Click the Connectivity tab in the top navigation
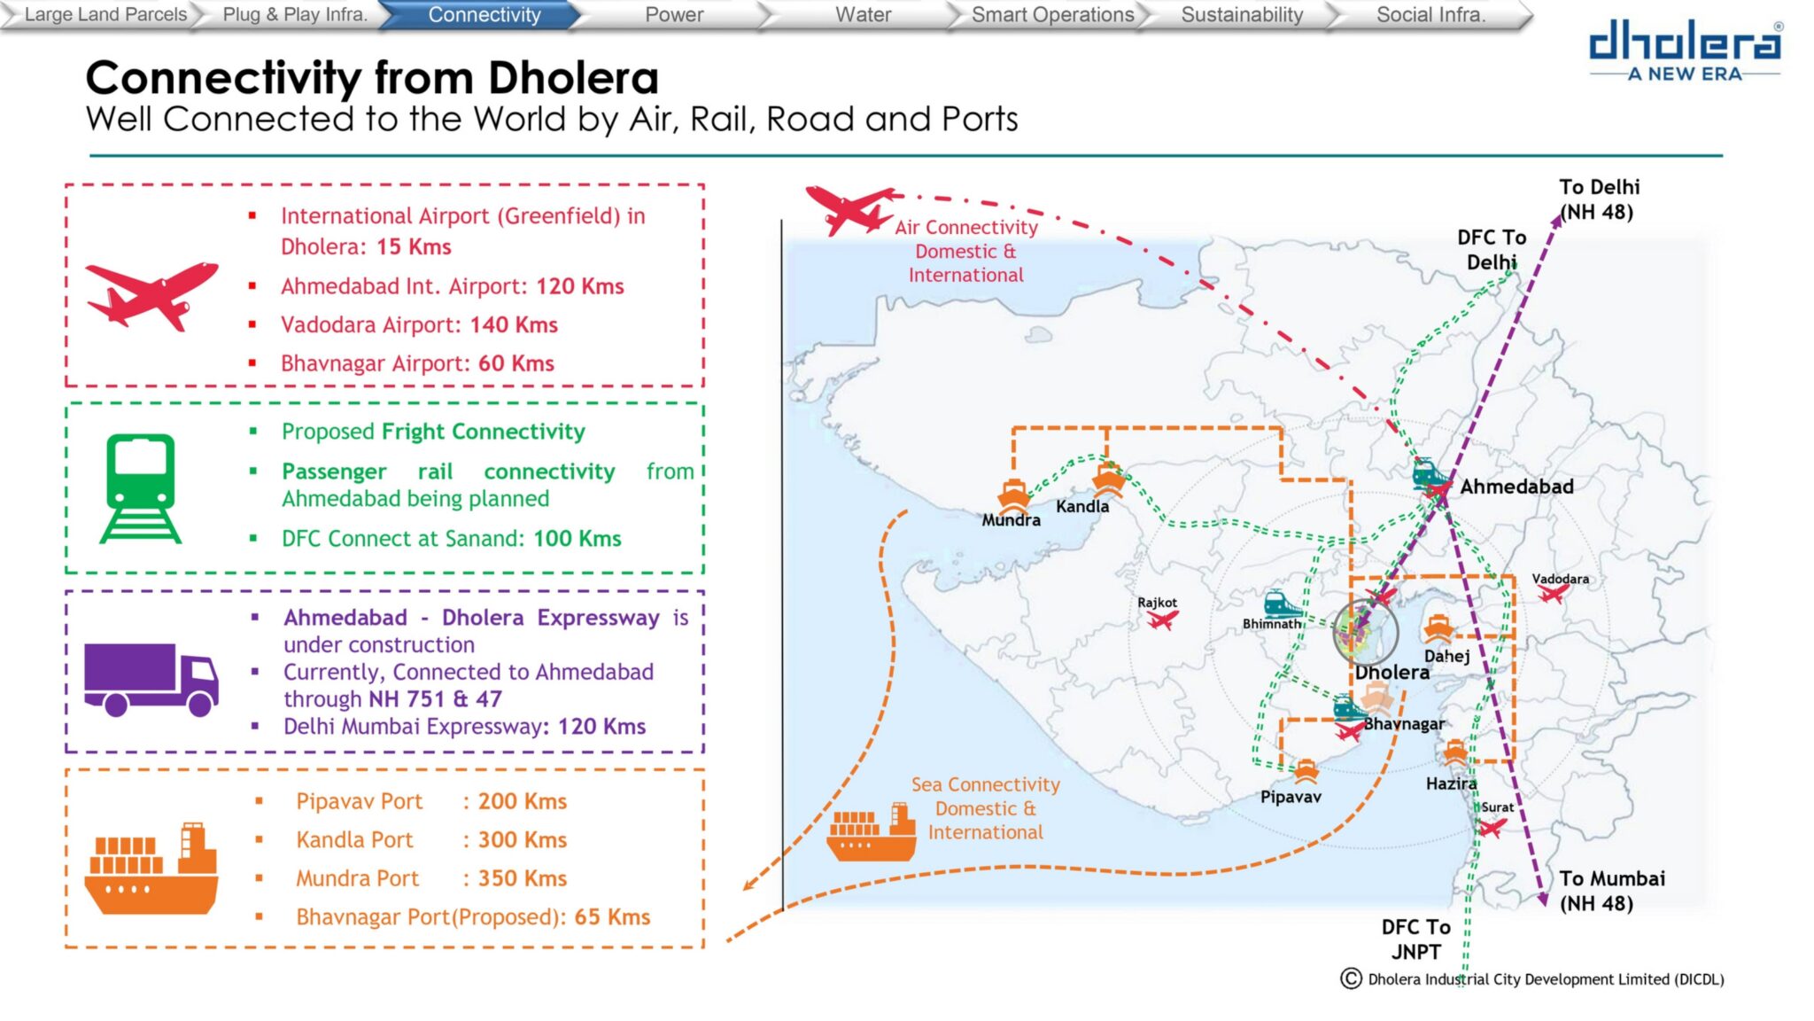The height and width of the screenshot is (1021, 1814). [x=484, y=15]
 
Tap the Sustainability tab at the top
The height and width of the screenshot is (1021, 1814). [x=1242, y=15]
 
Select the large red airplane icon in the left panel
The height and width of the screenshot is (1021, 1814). [x=151, y=295]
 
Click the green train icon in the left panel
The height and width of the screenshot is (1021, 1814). [x=140, y=488]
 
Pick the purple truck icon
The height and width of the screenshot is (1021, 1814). [x=151, y=679]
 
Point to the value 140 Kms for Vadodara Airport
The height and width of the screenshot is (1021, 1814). [x=514, y=325]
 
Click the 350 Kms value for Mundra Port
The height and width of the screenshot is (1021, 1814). [x=523, y=878]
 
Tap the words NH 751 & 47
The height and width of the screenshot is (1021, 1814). [x=435, y=699]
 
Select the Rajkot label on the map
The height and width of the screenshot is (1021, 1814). [x=1157, y=603]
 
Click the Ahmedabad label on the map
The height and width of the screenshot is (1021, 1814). [x=1516, y=487]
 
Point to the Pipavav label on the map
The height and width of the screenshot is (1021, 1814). [x=1291, y=797]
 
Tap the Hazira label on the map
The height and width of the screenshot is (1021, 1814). [x=1451, y=783]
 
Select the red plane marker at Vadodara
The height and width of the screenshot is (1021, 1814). [x=1553, y=593]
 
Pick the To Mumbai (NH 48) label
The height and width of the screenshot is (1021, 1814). [x=1612, y=891]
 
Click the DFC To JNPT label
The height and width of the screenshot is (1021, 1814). [x=1415, y=939]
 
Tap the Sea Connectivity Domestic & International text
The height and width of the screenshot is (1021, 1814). [x=986, y=808]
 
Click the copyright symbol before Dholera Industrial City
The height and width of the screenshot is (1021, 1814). [x=1351, y=978]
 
